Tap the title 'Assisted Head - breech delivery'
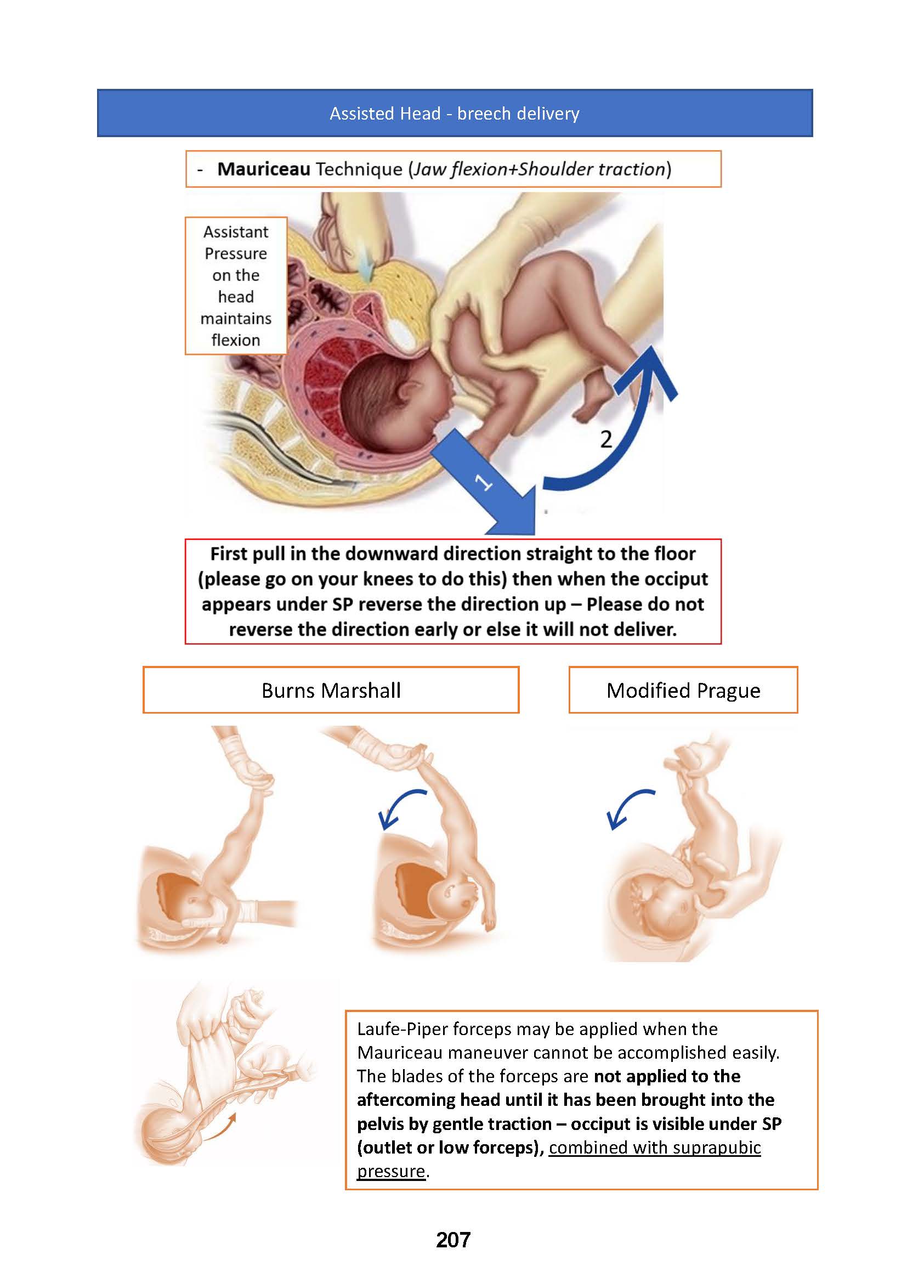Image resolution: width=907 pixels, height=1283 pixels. click(x=454, y=114)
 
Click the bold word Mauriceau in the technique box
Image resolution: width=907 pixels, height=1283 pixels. click(x=264, y=169)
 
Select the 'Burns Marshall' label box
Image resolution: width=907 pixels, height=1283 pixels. click(x=331, y=690)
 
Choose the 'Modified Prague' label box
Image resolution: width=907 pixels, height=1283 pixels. click(x=683, y=690)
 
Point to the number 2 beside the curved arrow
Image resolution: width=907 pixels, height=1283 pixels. click(x=606, y=439)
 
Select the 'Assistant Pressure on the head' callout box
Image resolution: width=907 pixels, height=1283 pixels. click(x=236, y=286)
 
